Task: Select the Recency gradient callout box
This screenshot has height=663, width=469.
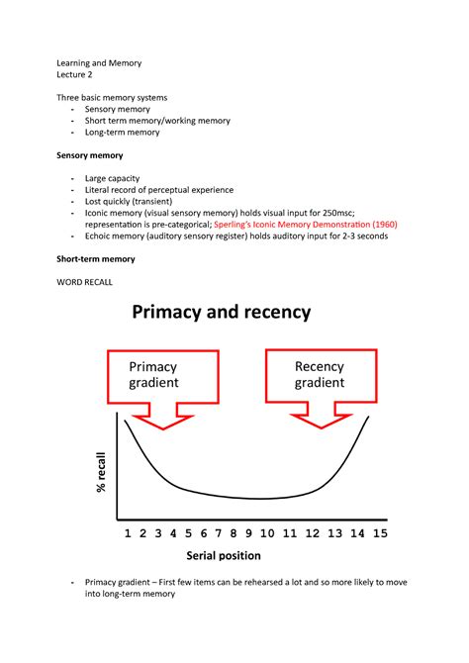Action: (319, 375)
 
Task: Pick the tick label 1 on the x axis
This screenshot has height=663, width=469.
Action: (127, 532)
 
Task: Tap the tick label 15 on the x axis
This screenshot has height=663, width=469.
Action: (380, 532)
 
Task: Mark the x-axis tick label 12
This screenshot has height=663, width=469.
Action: (314, 532)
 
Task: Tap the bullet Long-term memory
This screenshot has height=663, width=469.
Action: (122, 133)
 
